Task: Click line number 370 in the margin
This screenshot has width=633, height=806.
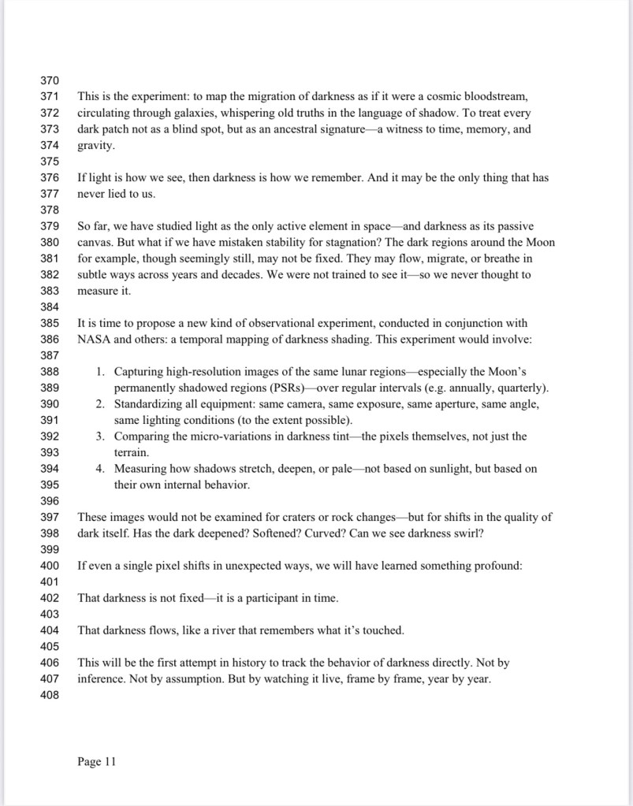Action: coord(49,80)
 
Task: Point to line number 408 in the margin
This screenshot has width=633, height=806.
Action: coord(49,695)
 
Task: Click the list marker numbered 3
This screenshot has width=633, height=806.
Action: coord(101,436)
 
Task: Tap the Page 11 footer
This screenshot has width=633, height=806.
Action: coord(97,761)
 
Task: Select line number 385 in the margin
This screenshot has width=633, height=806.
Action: coord(49,323)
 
